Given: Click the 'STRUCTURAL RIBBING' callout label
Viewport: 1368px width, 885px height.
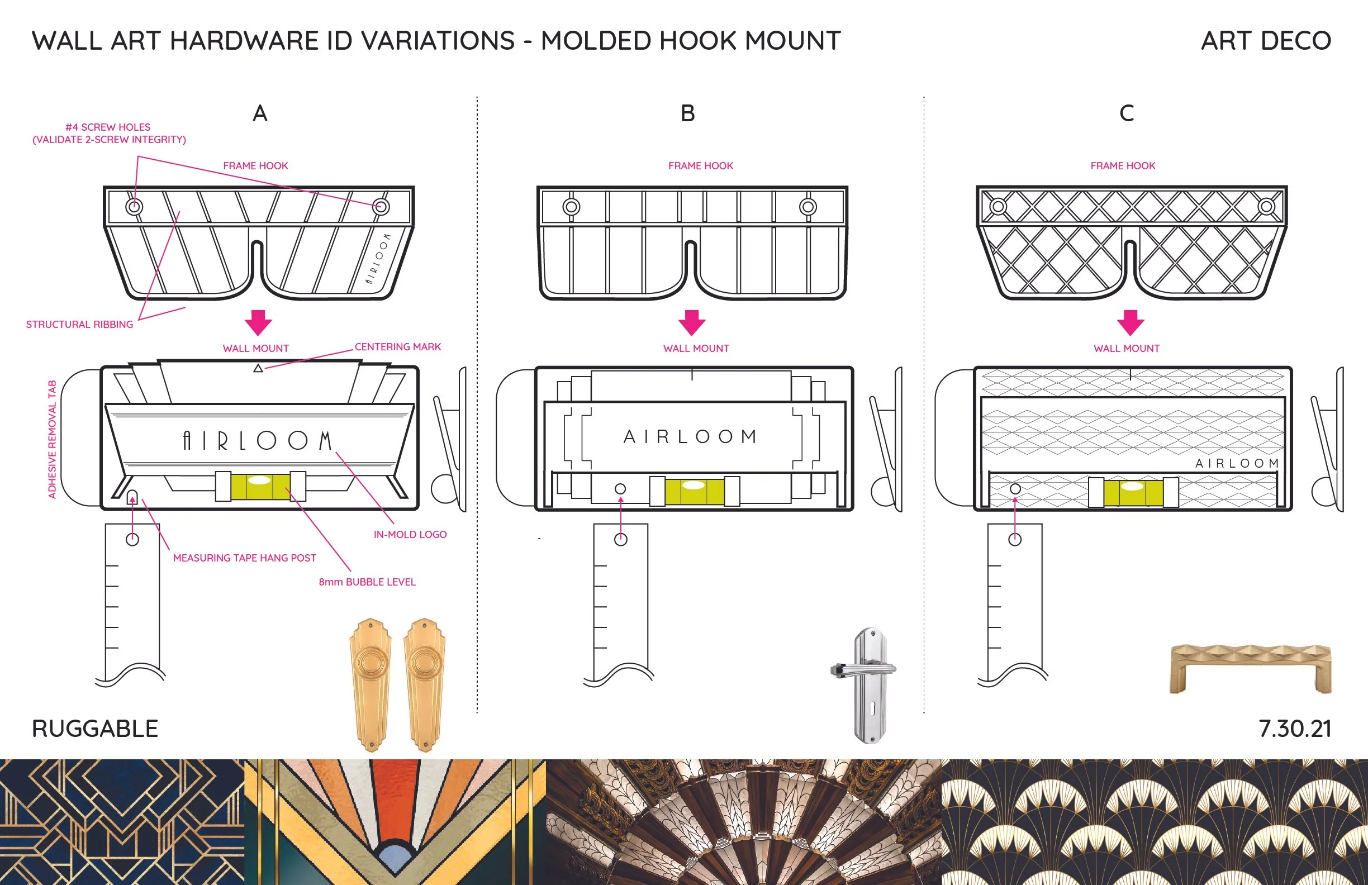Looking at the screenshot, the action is pyautogui.click(x=79, y=325).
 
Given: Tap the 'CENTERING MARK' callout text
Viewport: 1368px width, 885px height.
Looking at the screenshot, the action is pyautogui.click(x=397, y=347).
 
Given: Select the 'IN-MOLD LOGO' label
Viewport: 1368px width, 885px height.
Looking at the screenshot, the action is pyautogui.click(x=410, y=535).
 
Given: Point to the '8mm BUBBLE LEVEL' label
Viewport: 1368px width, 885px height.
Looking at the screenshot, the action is pyautogui.click(x=367, y=582).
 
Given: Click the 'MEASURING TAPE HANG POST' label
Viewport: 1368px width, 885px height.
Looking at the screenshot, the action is pyautogui.click(x=244, y=558).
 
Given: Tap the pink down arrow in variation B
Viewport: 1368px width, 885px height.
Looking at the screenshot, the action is pyautogui.click(x=691, y=322).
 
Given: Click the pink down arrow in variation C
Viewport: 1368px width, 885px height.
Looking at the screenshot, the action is pyautogui.click(x=1130, y=322).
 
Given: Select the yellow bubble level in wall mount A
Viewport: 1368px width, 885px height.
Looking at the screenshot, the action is pyautogui.click(x=260, y=486).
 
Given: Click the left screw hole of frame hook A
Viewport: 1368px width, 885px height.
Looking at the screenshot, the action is pyautogui.click(x=134, y=206).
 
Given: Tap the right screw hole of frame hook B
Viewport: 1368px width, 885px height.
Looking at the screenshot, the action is pyautogui.click(x=807, y=207).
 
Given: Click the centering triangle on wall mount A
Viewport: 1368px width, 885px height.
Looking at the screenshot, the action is pyautogui.click(x=258, y=368).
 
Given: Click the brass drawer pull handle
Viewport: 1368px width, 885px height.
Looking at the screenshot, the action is pyautogui.click(x=1250, y=667).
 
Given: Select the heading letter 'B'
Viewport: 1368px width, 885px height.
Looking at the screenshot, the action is pyautogui.click(x=687, y=113).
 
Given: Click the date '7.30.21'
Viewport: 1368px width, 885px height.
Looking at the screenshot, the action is pyautogui.click(x=1294, y=729).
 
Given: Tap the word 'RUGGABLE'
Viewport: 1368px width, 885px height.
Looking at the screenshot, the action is pyautogui.click(x=95, y=729).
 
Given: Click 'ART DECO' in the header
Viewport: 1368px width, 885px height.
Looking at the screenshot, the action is pyautogui.click(x=1266, y=41).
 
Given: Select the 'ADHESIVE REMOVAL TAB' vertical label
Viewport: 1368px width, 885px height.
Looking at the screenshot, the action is pyautogui.click(x=53, y=439).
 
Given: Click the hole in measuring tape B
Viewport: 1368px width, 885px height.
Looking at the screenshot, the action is pyautogui.click(x=621, y=540).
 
